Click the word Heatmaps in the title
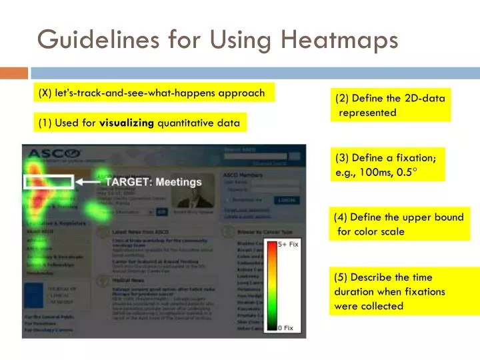pyautogui.click(x=339, y=39)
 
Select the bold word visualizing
pyautogui.click(x=127, y=123)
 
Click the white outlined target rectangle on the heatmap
pyautogui.click(x=49, y=181)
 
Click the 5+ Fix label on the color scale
pyautogui.click(x=288, y=245)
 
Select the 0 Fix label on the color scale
pyautogui.click(x=285, y=328)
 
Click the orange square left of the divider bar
pyautogui.click(x=14, y=73)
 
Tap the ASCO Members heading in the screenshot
pyautogui.click(x=241, y=175)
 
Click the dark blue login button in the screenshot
pyautogui.click(x=288, y=199)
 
